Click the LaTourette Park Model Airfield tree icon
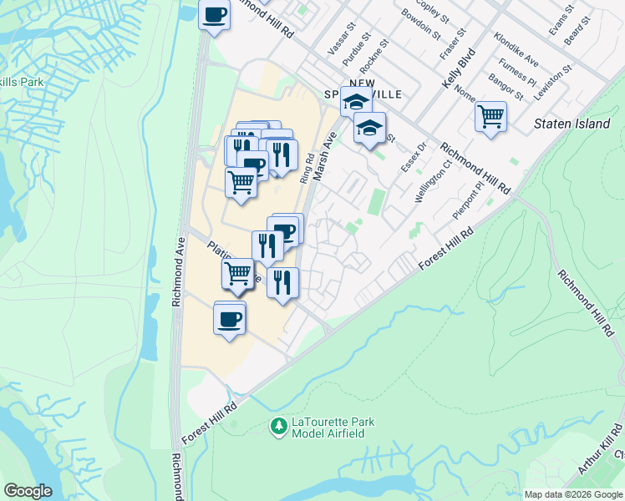click(278, 427)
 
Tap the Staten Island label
click(572, 124)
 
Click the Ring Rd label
click(307, 168)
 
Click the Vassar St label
click(343, 39)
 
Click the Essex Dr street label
click(414, 157)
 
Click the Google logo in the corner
click(28, 491)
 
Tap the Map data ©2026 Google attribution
click(572, 494)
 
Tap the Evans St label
click(560, 18)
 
